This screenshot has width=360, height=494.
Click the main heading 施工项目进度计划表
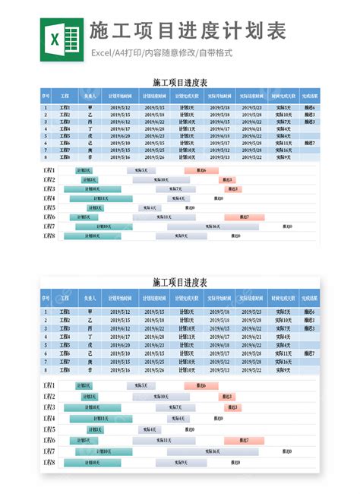click(187, 32)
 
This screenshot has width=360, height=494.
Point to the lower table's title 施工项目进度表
click(180, 283)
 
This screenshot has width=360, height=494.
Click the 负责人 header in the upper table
click(90, 97)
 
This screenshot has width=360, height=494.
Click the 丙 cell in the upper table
click(90, 122)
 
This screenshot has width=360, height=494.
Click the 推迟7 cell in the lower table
click(309, 354)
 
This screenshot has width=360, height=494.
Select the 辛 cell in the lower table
click(90, 370)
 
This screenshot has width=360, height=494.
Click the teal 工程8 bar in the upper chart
click(92, 236)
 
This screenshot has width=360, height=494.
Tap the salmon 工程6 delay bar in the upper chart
click(244, 217)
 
